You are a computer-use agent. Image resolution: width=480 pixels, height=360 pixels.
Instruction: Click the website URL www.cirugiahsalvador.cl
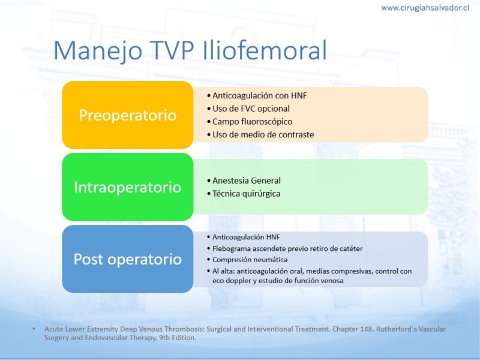pos(425,8)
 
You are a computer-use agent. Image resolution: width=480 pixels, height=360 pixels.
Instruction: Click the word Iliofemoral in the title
pos(265,50)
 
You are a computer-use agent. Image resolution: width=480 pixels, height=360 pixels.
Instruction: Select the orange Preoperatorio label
pos(128,115)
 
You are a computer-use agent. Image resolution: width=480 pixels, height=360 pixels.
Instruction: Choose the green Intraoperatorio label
pos(128,187)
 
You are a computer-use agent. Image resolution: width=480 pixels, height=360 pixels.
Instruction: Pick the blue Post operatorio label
pos(128,259)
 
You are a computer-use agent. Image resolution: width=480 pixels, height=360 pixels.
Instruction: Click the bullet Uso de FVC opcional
pos(248,109)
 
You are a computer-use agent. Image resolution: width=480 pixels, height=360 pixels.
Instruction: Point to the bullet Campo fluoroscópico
pos(250,122)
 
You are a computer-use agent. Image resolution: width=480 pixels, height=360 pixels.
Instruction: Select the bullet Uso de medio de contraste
pos(260,134)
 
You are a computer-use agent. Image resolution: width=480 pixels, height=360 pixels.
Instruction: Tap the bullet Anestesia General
pos(244,181)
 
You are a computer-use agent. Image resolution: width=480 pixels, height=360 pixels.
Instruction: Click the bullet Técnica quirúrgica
pos(244,194)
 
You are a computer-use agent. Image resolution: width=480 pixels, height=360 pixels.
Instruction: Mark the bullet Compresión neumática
pos(247,260)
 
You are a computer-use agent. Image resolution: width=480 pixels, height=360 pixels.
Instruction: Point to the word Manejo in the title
pos(98,51)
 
